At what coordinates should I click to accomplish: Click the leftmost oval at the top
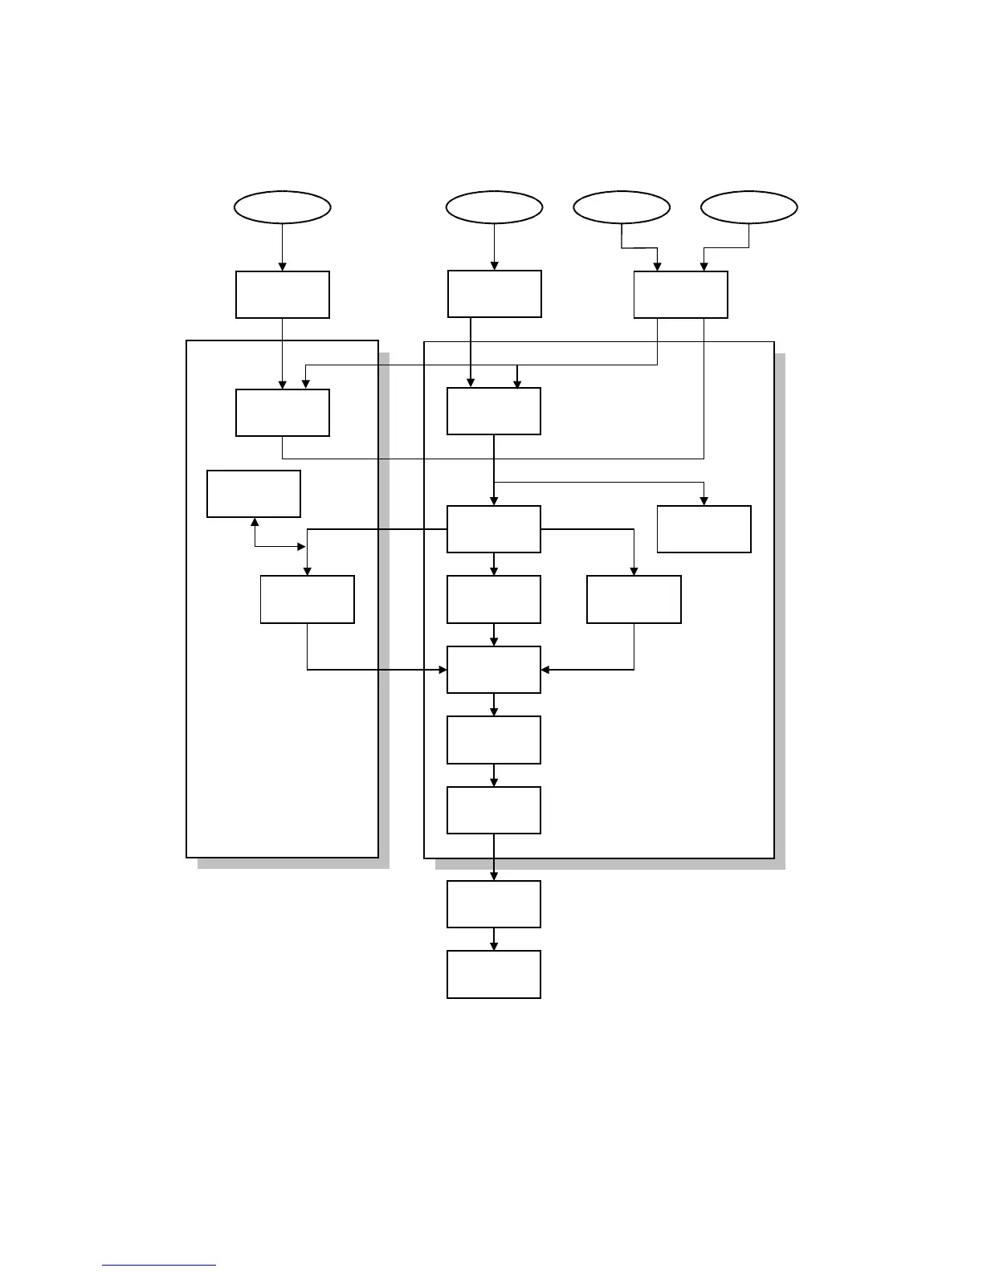(x=282, y=207)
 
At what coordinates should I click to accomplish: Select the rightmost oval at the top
(x=748, y=207)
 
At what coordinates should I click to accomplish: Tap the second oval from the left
(x=494, y=207)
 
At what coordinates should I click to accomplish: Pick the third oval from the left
(x=622, y=207)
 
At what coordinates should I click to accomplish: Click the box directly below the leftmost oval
(x=282, y=295)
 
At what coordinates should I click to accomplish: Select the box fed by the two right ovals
(x=680, y=295)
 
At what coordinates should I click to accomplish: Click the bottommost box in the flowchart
(x=493, y=975)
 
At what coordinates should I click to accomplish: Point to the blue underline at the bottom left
(x=159, y=1266)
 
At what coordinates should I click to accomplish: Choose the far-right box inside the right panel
(x=704, y=529)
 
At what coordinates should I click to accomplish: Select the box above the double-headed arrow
(x=254, y=494)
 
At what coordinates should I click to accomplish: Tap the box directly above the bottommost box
(x=493, y=904)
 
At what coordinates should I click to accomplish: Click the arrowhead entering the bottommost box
(x=493, y=947)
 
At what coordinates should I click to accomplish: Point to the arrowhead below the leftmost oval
(x=282, y=267)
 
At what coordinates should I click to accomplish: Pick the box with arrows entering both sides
(x=493, y=670)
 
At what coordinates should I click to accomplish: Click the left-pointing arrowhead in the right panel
(x=546, y=669)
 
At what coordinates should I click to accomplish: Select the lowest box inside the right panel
(x=493, y=810)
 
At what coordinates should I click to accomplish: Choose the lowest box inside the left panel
(x=307, y=599)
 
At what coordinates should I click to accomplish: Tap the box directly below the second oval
(x=494, y=294)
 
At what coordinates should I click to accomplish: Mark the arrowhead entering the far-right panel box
(x=704, y=501)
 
